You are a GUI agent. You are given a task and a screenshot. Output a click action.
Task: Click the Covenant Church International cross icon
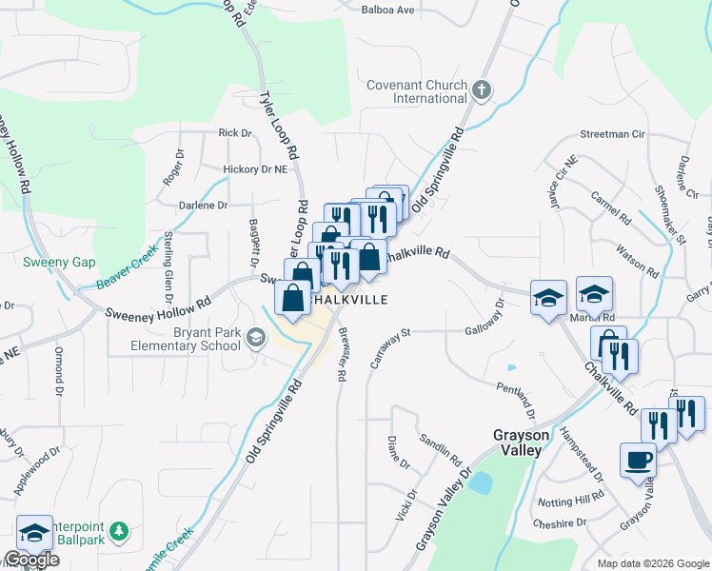pyautogui.click(x=482, y=91)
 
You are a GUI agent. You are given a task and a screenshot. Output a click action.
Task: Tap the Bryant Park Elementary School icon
pyautogui.click(x=256, y=337)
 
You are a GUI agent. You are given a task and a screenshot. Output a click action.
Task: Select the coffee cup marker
pyautogui.click(x=638, y=461)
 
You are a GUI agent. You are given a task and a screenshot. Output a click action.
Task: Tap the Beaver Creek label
pyautogui.click(x=127, y=269)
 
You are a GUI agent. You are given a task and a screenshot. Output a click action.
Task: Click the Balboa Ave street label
pyautogui.click(x=388, y=10)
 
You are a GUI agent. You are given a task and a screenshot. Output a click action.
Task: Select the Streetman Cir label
pyautogui.click(x=607, y=135)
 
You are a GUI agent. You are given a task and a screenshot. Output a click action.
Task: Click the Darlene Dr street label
pyautogui.click(x=204, y=205)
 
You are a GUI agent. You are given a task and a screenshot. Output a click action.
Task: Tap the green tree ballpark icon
pyautogui.click(x=119, y=529)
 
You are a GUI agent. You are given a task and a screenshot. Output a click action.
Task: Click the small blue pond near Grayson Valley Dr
pyautogui.click(x=481, y=482)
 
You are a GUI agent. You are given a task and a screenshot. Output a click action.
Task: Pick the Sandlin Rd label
pyautogui.click(x=441, y=445)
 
